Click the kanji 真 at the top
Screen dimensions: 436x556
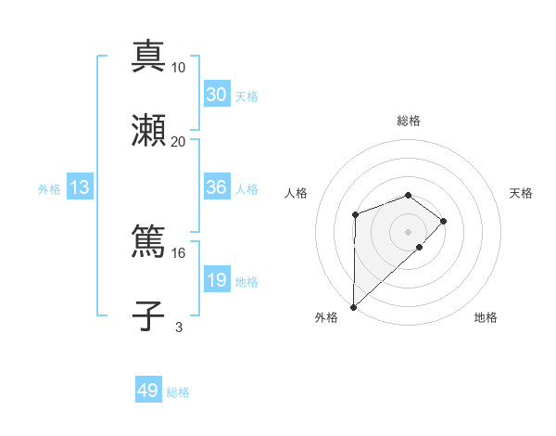pos(149,57)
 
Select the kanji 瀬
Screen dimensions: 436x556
pos(149,131)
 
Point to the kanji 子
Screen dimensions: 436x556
pos(149,316)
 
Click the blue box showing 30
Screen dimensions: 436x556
pos(216,95)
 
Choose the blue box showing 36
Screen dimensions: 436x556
pos(216,187)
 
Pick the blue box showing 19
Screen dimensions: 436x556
pos(216,280)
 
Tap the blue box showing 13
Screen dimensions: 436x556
pos(80,187)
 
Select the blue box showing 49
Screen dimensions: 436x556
pos(148,391)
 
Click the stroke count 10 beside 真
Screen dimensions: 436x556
pos(179,68)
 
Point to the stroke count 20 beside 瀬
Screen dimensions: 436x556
pos(179,142)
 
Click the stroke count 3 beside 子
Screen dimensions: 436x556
pos(179,327)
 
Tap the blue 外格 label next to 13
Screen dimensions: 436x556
pos(49,188)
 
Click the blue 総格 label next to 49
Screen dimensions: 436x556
pos(178,392)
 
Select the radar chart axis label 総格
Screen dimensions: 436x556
pos(408,121)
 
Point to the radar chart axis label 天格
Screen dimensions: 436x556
pos(522,193)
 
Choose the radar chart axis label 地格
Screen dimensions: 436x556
pos(486,317)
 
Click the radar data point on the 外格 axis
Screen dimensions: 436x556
pos(353,307)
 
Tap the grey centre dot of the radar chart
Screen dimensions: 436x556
pos(408,232)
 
